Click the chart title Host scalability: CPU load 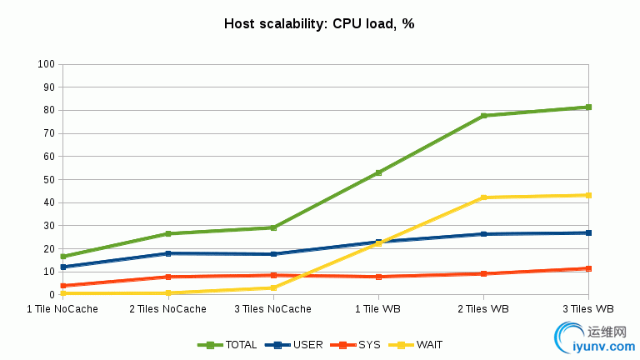319,23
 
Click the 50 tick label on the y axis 49,179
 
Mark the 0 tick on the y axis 52,295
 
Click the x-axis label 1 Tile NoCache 62,309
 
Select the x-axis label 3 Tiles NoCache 272,309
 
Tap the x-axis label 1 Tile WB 378,309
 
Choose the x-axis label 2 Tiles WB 483,309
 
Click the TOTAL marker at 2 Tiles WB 483,116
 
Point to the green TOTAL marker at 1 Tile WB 378,173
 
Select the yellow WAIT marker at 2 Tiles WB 483,197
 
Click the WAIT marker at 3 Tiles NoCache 273,287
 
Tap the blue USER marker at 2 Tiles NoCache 168,253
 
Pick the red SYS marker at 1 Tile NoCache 63,286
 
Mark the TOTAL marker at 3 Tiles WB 588,107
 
